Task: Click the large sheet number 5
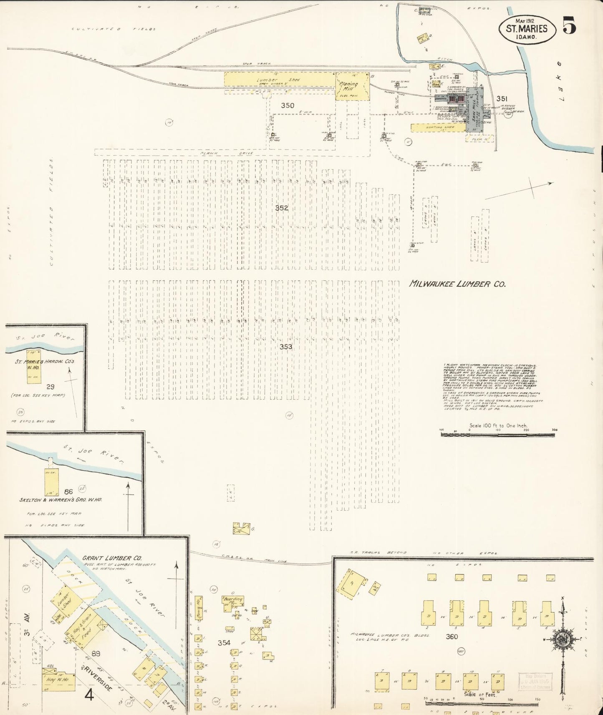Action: click(569, 25)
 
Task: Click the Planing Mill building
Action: click(353, 87)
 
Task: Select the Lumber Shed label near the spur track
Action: click(278, 80)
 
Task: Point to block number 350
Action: click(287, 106)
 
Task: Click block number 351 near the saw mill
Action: click(502, 98)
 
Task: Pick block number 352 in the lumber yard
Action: click(282, 208)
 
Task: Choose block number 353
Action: click(286, 347)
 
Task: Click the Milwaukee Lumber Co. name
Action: click(457, 284)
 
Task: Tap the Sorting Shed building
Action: click(438, 128)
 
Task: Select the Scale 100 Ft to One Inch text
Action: click(498, 425)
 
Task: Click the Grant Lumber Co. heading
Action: click(112, 558)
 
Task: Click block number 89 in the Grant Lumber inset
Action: click(96, 654)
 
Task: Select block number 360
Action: click(452, 637)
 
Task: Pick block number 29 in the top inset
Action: click(51, 387)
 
